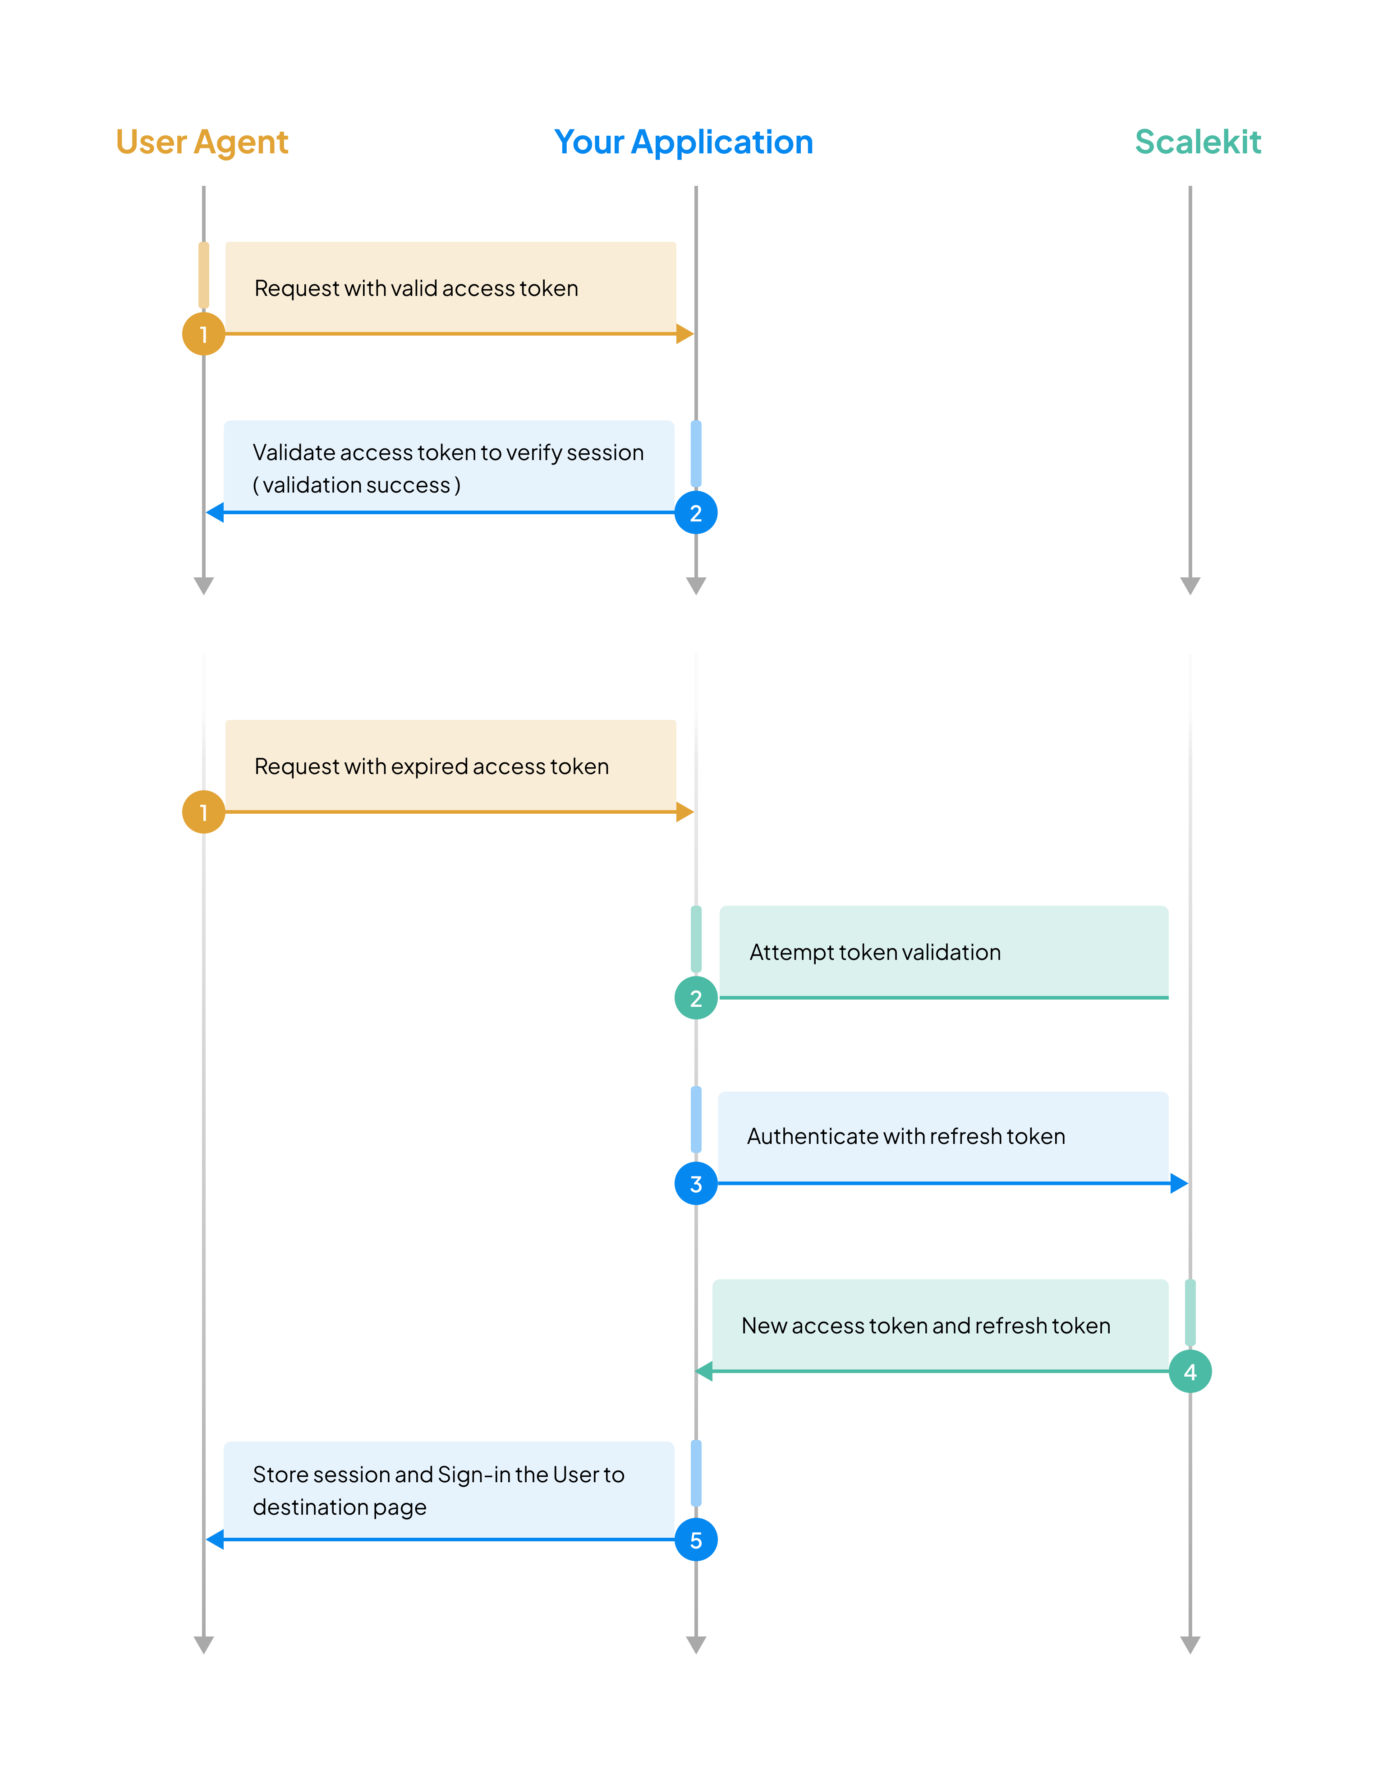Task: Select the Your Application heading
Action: pyautogui.click(x=683, y=143)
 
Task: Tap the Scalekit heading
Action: pyautogui.click(x=1197, y=143)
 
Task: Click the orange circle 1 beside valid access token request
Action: pyautogui.click(x=203, y=334)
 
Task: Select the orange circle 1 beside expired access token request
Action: pyautogui.click(x=203, y=812)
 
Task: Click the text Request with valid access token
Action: pyautogui.click(x=416, y=289)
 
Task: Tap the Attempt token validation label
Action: pyautogui.click(x=875, y=952)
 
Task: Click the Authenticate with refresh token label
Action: pyautogui.click(x=906, y=1136)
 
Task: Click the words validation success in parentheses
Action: pyautogui.click(x=356, y=485)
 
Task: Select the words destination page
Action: pyautogui.click(x=340, y=1507)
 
